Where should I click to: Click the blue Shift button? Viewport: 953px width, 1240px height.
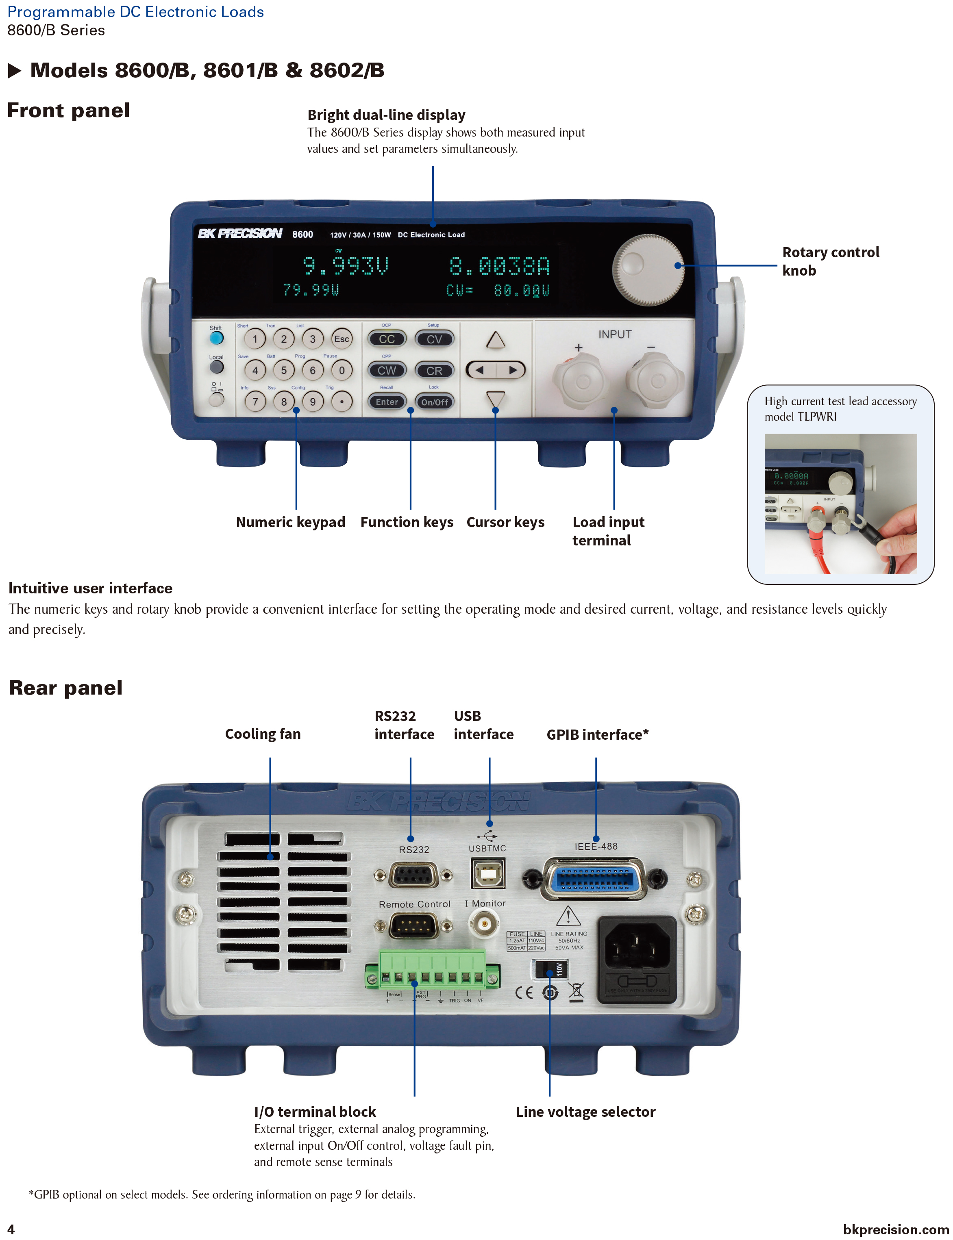216,338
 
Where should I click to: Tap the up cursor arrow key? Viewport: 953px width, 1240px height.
495,340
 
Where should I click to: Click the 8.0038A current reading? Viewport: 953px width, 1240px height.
499,266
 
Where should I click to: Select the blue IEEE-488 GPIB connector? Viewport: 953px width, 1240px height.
594,878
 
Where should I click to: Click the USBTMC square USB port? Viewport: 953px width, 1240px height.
487,873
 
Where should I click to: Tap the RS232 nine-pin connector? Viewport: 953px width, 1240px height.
413,875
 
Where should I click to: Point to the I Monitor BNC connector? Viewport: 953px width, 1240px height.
483,923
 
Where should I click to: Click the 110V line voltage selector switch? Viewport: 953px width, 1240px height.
550,969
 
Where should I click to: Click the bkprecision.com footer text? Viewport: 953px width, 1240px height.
895,1229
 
